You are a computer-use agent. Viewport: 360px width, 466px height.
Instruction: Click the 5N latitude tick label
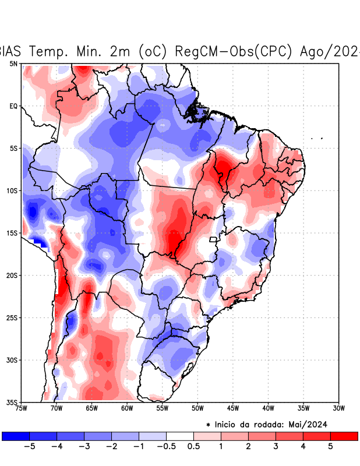click(x=13, y=63)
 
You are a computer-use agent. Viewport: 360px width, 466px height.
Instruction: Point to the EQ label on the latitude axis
click(x=13, y=106)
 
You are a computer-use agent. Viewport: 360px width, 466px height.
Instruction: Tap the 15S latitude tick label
click(x=12, y=233)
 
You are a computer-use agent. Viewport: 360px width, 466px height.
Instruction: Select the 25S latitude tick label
click(x=12, y=317)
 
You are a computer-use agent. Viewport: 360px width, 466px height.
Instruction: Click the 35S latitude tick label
click(x=12, y=402)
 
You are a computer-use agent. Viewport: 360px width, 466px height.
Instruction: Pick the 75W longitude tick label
click(x=21, y=408)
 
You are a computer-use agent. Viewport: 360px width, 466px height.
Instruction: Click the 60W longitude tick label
click(x=127, y=408)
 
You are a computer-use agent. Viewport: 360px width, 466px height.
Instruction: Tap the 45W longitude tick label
click(x=233, y=408)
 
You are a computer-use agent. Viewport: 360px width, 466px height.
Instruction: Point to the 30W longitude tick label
click(x=339, y=408)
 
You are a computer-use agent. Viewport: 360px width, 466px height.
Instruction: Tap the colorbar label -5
click(x=29, y=447)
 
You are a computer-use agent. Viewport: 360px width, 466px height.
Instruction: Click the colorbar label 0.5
click(x=193, y=447)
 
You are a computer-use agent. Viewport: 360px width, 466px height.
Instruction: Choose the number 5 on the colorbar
click(x=330, y=447)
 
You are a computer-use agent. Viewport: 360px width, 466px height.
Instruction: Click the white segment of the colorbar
click(x=180, y=436)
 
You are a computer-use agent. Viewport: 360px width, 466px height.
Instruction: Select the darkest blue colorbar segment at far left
click(x=16, y=436)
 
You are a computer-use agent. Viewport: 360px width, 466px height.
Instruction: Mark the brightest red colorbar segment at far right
click(x=344, y=436)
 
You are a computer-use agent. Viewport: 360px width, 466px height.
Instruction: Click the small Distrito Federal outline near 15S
click(x=213, y=239)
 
